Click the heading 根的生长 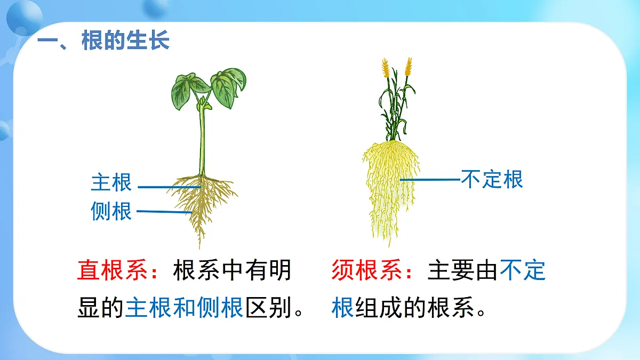(x=125, y=41)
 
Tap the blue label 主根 (x=111, y=182)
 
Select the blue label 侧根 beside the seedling (x=111, y=211)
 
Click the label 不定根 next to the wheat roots (x=492, y=179)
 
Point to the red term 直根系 (x=112, y=270)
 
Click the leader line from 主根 (x=168, y=187)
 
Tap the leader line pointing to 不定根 (x=430, y=180)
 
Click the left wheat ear (x=385, y=69)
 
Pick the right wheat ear (x=408, y=67)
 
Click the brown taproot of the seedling (x=201, y=211)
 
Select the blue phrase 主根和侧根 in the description (x=184, y=308)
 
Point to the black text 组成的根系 (x=414, y=308)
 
